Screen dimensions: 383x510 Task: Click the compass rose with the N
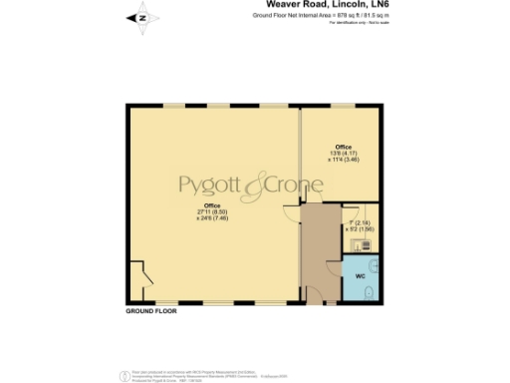click(141, 16)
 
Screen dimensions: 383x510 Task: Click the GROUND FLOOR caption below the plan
click(151, 312)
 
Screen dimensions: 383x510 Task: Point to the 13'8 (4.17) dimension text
click(342, 153)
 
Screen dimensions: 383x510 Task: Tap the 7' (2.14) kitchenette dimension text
click(358, 221)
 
